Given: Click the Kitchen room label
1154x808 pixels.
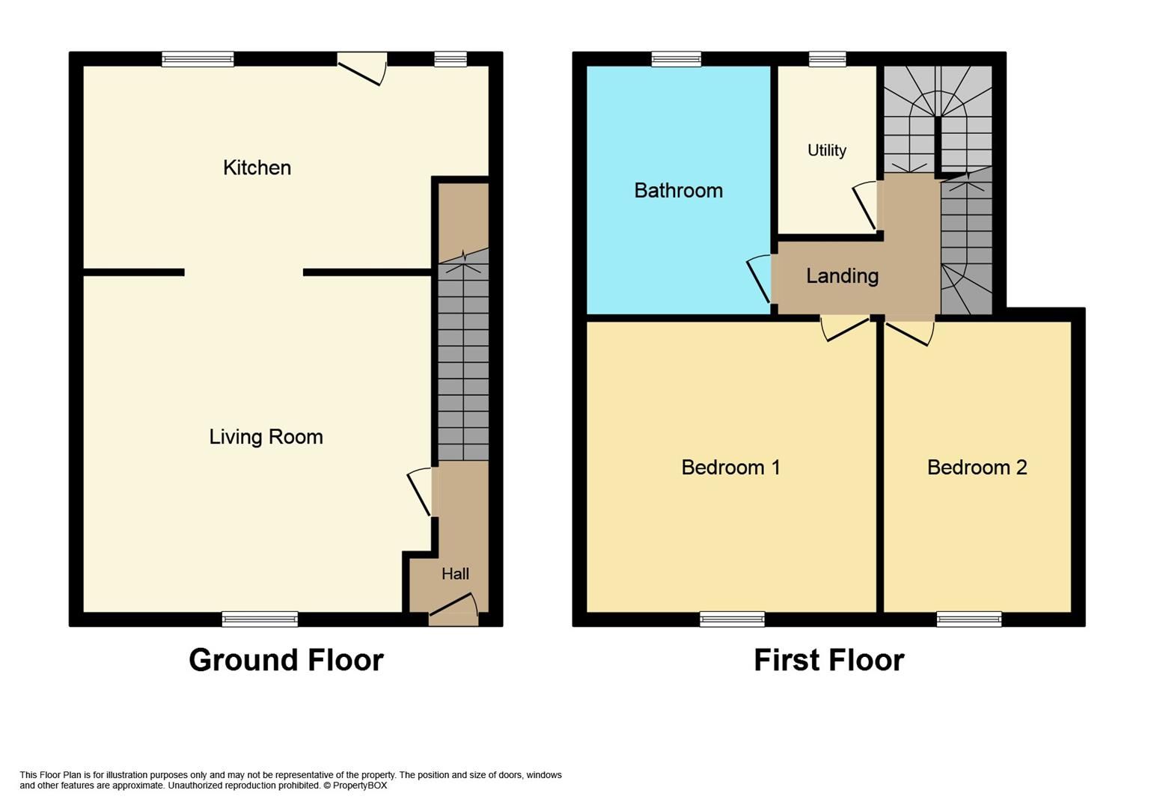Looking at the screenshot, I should pyautogui.click(x=257, y=168).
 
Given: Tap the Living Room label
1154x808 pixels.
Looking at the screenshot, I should pyautogui.click(x=266, y=437).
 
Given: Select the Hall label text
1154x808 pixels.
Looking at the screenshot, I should pyautogui.click(x=455, y=574).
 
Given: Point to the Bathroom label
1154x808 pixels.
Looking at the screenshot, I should pyautogui.click(x=678, y=191).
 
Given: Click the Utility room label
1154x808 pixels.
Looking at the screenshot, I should pyautogui.click(x=826, y=150).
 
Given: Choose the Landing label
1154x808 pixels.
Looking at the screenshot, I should pyautogui.click(x=842, y=276).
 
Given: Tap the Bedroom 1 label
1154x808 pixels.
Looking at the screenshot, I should pyautogui.click(x=730, y=468).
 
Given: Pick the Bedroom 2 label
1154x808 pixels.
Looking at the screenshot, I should pyautogui.click(x=977, y=468).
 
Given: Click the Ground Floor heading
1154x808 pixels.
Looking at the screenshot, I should pyautogui.click(x=286, y=660).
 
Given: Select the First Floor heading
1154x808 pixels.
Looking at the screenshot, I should pyautogui.click(x=828, y=660).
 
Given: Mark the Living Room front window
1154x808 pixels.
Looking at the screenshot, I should pyautogui.click(x=260, y=619).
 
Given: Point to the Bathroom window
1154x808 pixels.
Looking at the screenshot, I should pyautogui.click(x=676, y=59).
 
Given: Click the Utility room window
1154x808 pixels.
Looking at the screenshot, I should pyautogui.click(x=827, y=59).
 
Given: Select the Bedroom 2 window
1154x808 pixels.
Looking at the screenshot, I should pyautogui.click(x=968, y=619).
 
